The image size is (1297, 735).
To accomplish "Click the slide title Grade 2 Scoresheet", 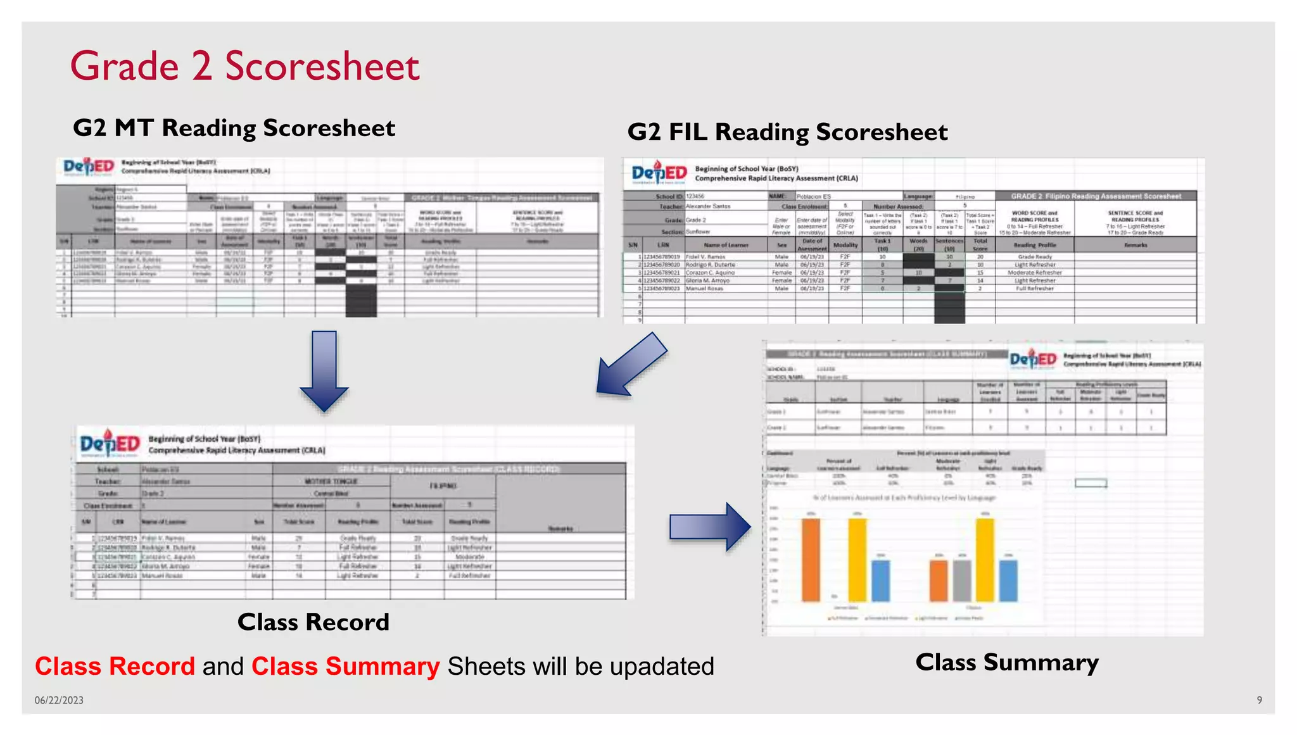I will coord(244,66).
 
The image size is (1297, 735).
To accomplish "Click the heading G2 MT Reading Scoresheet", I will coord(234,129).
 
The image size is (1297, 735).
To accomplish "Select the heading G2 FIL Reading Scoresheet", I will coord(787,132).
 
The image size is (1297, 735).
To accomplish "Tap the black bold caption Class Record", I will coord(313,622).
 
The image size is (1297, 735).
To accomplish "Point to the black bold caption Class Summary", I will coord(1007,663).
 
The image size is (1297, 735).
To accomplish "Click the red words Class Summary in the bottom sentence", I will coord(345,667).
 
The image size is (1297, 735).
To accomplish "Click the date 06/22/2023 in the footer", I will coord(59,700).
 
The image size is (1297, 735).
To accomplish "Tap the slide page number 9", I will coord(1259,700).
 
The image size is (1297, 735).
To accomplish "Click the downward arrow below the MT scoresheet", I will coord(324,370).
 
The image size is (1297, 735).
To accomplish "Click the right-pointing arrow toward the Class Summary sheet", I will coord(710,527).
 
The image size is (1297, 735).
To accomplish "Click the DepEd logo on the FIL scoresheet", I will coord(659,173).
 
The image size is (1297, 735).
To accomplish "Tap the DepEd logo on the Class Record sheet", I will coord(110,444).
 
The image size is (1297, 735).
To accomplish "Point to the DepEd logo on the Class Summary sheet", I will coord(1033,360).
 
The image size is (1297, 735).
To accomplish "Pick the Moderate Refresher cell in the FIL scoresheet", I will coord(1034,273).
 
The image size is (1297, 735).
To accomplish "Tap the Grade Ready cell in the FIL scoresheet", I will coord(1034,257).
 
